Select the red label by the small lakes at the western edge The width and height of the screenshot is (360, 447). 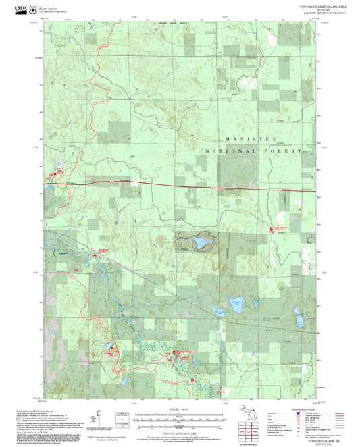[49, 173]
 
